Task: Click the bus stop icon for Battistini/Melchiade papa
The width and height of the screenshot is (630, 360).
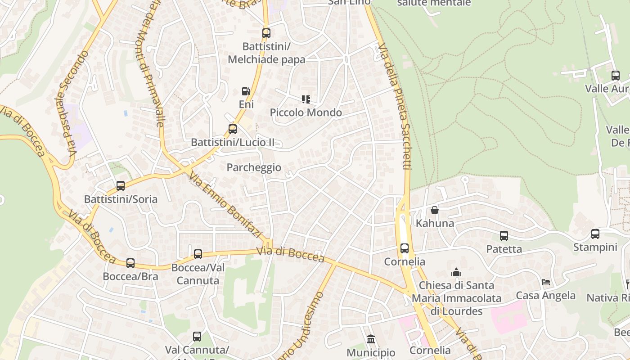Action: coord(266,33)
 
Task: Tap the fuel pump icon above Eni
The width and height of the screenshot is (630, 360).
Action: coord(246,91)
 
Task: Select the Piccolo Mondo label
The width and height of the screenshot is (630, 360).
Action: coord(306,112)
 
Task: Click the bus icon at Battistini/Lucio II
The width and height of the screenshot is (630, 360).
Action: coord(233,129)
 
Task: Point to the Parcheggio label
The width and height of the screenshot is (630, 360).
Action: coord(254,167)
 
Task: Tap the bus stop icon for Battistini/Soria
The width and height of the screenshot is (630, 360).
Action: coord(121,186)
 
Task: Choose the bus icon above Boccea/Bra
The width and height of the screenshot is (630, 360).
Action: coord(130,263)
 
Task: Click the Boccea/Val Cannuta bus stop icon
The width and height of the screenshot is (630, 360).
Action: coord(198,254)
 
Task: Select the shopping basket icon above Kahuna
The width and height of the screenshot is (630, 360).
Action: coord(435,210)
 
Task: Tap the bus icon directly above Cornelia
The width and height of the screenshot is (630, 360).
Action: coord(405,248)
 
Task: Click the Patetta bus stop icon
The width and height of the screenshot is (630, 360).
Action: coord(504,236)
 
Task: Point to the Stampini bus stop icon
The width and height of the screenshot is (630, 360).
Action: coord(595,234)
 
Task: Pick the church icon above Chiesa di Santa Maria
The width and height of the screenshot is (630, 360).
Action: coord(456,272)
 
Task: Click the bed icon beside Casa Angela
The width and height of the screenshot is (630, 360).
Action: coord(546,282)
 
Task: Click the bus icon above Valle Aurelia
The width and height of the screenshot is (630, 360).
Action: coord(616,76)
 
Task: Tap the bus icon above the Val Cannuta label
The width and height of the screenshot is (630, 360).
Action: coord(197,337)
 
